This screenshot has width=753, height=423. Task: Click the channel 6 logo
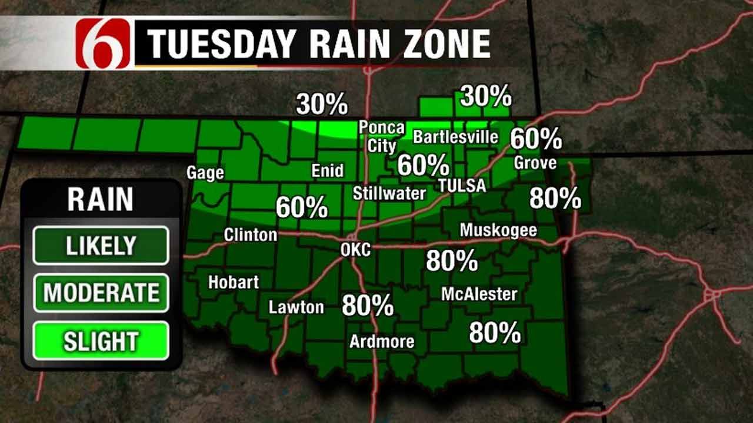104,43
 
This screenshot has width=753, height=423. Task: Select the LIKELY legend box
101,245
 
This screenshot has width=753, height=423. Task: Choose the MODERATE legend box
101,293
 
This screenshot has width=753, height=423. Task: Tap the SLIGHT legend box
101,341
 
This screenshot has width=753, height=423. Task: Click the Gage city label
205,173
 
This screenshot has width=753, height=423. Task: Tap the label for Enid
327,170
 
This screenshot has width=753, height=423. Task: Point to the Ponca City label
382,136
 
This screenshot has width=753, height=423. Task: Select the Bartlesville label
456,137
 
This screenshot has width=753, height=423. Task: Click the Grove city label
535,163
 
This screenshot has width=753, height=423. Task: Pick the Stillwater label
389,193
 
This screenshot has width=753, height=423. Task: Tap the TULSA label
462,186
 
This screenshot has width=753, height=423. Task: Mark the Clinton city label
250,235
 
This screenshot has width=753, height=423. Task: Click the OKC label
355,250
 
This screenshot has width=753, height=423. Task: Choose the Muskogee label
498,230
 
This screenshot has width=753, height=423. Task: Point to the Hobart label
233,282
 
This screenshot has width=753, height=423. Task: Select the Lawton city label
296,307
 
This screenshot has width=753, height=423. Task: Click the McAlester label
479,294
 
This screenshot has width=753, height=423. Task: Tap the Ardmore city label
382,341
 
